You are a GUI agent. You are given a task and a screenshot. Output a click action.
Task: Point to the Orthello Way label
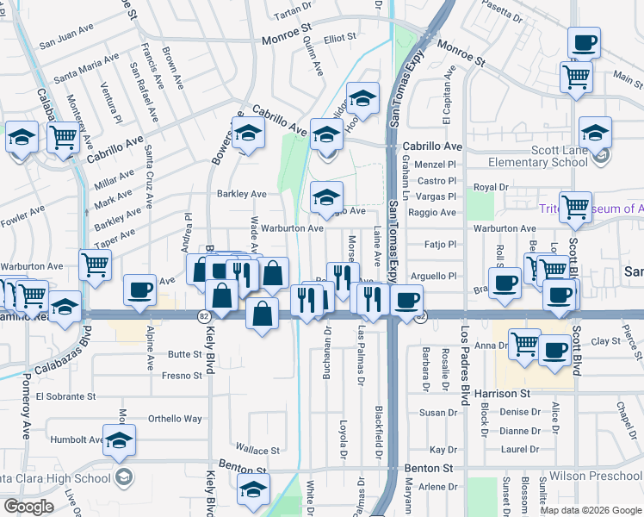click(175, 419)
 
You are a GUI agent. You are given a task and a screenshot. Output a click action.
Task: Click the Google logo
click(28, 507)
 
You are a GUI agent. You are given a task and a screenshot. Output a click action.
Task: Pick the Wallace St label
click(258, 450)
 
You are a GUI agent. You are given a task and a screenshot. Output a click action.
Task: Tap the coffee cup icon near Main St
click(584, 41)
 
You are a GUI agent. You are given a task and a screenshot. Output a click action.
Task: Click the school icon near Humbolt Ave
click(119, 439)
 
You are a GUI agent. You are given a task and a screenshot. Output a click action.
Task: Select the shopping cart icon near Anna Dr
click(523, 344)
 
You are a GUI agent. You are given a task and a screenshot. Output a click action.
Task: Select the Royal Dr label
click(492, 187)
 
